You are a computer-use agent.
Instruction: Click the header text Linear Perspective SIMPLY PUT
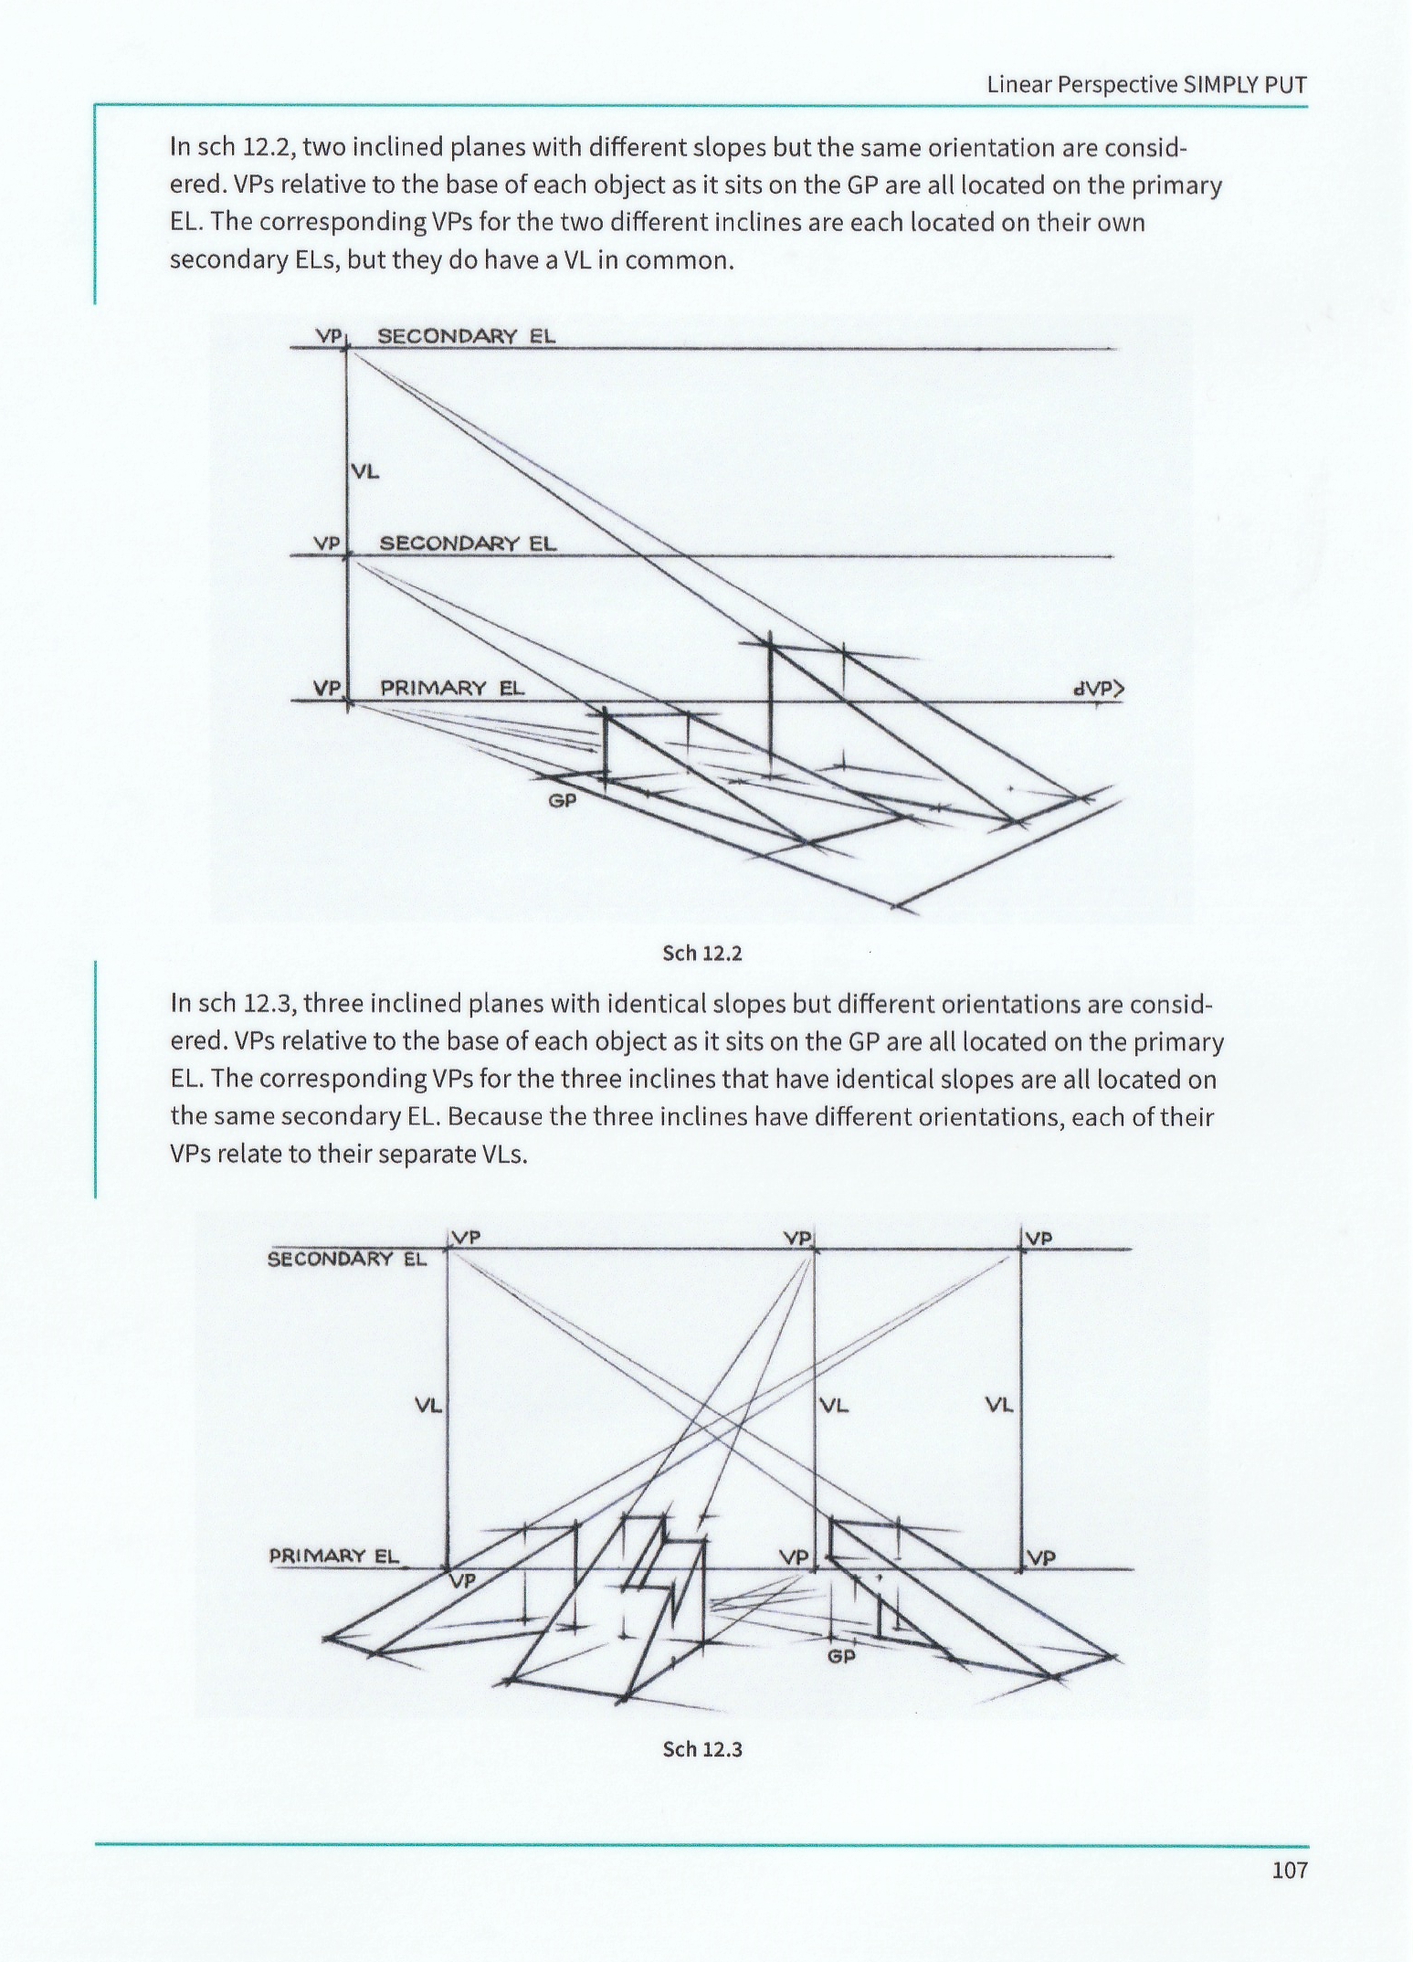tap(1146, 85)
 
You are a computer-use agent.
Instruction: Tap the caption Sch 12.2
tap(701, 954)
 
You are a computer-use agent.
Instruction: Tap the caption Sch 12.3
tap(701, 1749)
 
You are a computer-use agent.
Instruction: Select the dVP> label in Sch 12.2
tap(1098, 689)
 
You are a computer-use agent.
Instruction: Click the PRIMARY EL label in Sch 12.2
tap(452, 688)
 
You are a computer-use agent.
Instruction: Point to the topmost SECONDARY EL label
tap(466, 335)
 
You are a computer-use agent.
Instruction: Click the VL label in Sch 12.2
tap(364, 472)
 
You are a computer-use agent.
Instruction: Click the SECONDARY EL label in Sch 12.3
tap(346, 1260)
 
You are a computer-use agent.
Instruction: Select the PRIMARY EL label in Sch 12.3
tap(333, 1556)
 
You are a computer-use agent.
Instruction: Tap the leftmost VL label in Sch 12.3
tap(428, 1406)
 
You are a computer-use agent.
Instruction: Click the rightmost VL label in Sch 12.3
tap(998, 1404)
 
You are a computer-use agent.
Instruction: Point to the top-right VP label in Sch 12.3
tap(1039, 1239)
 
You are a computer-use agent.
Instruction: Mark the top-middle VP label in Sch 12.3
tap(797, 1239)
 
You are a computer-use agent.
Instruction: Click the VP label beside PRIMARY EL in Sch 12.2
tap(327, 688)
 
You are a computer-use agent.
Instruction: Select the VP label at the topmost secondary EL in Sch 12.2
tap(328, 335)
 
